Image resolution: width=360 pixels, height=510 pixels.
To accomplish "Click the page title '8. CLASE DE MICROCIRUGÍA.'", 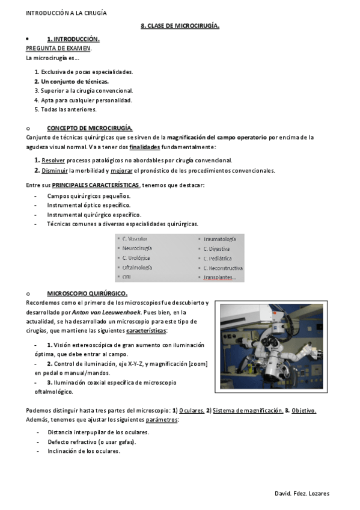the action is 180,26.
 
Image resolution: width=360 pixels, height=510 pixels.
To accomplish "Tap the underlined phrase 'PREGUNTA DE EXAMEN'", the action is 58,48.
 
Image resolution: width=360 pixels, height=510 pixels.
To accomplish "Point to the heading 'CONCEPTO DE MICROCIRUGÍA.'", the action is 90,128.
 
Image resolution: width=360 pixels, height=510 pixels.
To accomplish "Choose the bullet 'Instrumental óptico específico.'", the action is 88,205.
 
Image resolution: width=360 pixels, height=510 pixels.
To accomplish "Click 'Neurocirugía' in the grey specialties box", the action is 137,248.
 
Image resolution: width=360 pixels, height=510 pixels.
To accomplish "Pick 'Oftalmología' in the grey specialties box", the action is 137,267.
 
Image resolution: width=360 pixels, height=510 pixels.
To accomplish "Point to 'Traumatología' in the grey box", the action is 219,239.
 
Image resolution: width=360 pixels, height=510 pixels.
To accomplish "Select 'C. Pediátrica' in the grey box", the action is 217,258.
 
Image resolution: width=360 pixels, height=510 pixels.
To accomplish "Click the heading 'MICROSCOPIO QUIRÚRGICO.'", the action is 87,293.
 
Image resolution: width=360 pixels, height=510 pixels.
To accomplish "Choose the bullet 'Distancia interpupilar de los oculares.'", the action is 98,432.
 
